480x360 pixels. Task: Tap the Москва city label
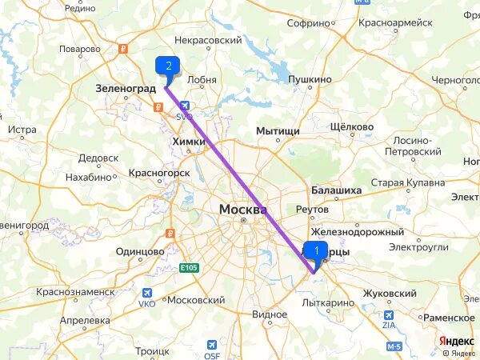coord(242,210)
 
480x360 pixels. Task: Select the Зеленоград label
coord(125,89)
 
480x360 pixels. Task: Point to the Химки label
coord(189,142)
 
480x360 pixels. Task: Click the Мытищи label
coord(278,130)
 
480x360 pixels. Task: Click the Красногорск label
coord(160,173)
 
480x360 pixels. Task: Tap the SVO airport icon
coord(186,106)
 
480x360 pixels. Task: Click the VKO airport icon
coord(146,294)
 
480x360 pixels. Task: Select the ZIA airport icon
coord(389,315)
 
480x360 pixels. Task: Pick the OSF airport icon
coord(211,345)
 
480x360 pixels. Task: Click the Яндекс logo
coord(457,340)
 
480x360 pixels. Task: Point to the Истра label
coord(23,130)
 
